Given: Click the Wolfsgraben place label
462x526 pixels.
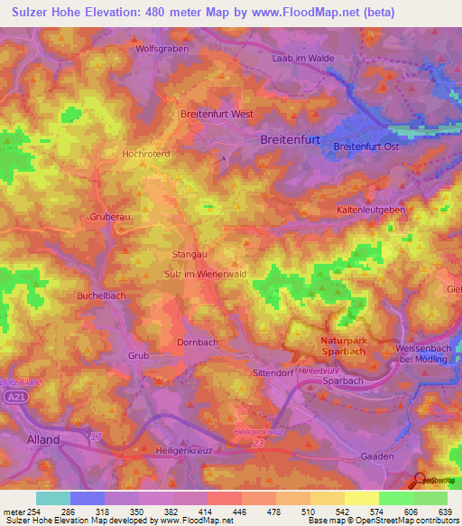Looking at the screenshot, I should [159, 49].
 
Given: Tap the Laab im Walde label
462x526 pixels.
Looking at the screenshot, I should [303, 58].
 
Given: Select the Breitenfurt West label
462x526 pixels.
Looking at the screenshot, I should [217, 115].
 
